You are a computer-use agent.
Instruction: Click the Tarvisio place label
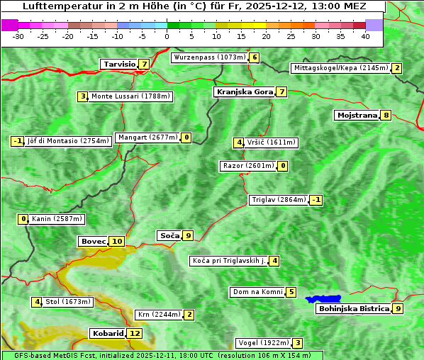[x=119, y=64]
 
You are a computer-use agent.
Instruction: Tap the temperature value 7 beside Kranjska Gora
[x=281, y=91]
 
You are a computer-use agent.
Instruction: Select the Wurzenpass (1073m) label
[x=210, y=57]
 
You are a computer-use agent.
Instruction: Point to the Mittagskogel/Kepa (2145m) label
[x=341, y=68]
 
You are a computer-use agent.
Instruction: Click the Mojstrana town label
[x=357, y=116]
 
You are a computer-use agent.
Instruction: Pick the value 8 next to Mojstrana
[x=386, y=116]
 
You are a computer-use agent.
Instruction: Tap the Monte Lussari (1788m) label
[x=130, y=96]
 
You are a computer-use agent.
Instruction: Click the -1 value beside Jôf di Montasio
[x=18, y=141]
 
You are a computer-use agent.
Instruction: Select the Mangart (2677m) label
[x=147, y=137]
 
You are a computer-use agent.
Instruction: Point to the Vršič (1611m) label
[x=272, y=142]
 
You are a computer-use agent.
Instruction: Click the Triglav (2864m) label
[x=279, y=200]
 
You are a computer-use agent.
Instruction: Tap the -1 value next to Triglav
[x=316, y=200]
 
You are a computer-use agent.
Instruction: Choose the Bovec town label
[x=93, y=242]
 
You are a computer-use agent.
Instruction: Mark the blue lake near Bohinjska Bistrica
[x=323, y=299]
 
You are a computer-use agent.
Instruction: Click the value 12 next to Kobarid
[x=135, y=333]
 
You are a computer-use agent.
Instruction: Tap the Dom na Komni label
[x=257, y=292]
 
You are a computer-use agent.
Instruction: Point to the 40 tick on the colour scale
[x=365, y=35]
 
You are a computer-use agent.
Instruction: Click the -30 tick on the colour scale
[x=18, y=35]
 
